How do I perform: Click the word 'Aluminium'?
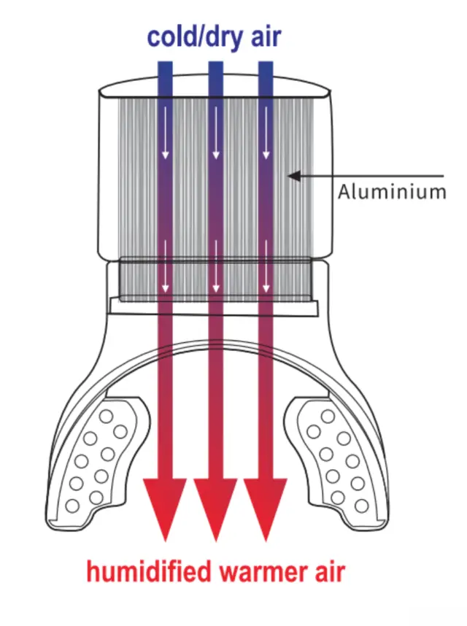click(392, 192)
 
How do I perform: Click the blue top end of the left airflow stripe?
click(166, 73)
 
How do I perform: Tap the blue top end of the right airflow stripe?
click(266, 73)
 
